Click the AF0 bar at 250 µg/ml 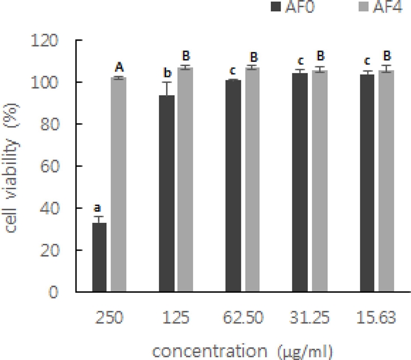(x=99, y=257)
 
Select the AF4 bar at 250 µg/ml (x=119, y=185)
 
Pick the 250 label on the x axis (x=109, y=318)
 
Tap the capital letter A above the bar (x=119, y=67)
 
